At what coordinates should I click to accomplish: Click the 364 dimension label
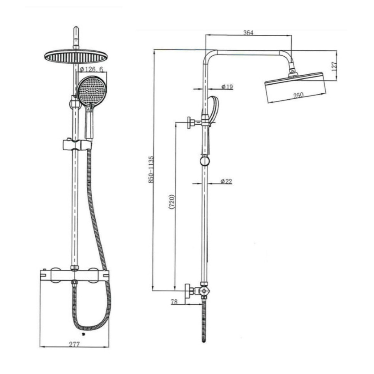point(248,33)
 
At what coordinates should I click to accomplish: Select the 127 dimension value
point(334,66)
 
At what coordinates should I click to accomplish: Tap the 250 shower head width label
point(298,95)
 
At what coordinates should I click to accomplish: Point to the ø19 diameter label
point(227,87)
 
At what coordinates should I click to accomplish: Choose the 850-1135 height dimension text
point(151,170)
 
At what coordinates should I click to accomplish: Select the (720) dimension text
point(172,202)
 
